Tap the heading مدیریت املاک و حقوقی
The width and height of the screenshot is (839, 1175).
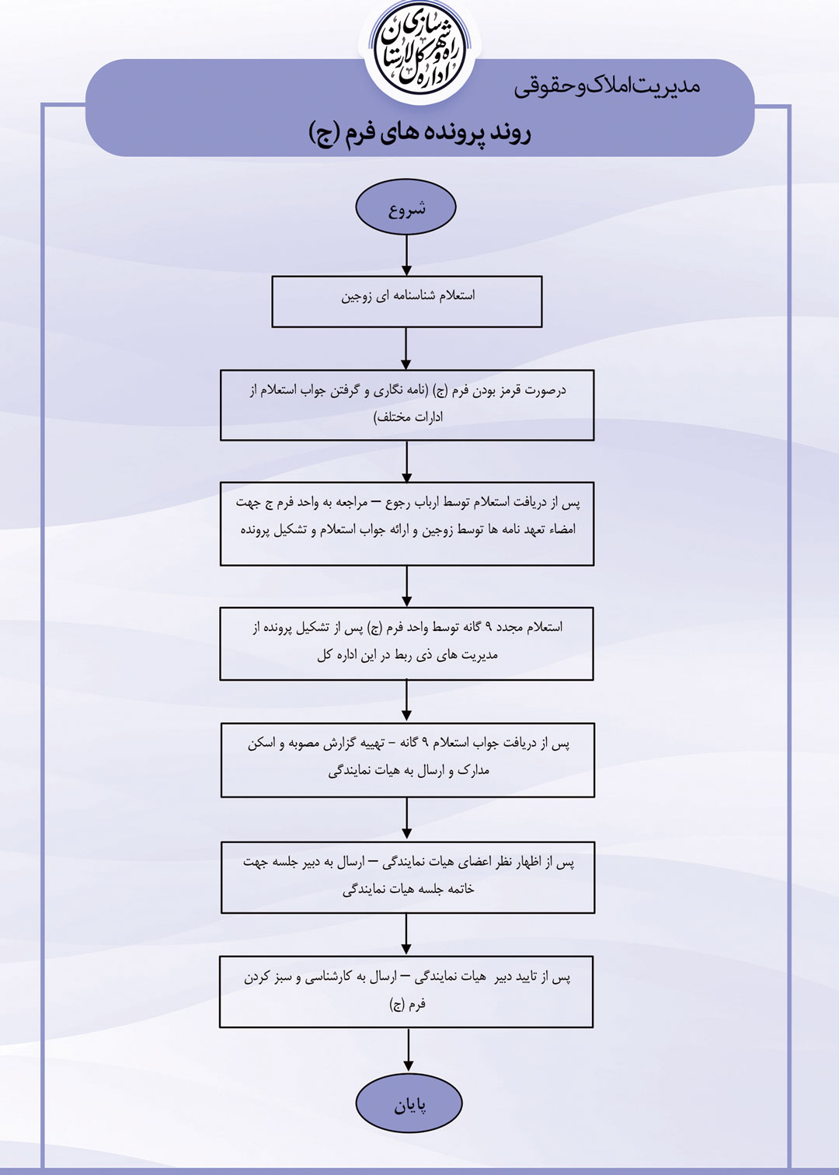(x=607, y=86)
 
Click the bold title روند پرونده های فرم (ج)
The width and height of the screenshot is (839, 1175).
(x=420, y=133)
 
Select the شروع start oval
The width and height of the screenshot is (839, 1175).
(x=406, y=207)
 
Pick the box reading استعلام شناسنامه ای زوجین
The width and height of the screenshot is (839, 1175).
(x=406, y=302)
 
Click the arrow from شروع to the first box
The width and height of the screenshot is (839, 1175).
(x=406, y=256)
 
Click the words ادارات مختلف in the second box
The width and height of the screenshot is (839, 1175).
(x=408, y=418)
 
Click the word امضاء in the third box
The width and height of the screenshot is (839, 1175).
(x=560, y=530)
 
